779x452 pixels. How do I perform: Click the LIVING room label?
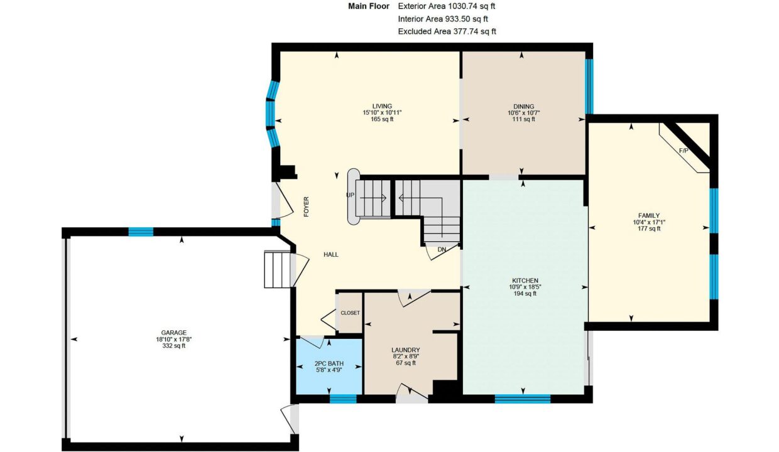[382, 106]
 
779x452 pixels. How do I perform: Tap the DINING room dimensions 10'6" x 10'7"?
[523, 113]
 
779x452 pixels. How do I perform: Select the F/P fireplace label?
[684, 151]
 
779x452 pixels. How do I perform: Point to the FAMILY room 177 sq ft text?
[649, 229]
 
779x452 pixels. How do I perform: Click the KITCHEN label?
[525, 281]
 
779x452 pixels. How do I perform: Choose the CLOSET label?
[350, 313]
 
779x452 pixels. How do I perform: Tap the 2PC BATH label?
[329, 363]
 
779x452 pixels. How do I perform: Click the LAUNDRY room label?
[405, 350]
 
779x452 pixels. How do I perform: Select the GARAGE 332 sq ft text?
[173, 346]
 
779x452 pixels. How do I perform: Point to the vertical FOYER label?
[306, 207]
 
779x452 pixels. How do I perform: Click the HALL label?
[330, 255]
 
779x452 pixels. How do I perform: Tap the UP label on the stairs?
[350, 195]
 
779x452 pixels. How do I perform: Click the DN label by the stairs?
[442, 250]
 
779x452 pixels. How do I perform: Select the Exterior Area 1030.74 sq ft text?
[447, 6]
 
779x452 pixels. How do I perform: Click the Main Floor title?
[369, 6]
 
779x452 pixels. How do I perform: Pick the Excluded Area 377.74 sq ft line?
[447, 31]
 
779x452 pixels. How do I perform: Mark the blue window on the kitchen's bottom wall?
[522, 399]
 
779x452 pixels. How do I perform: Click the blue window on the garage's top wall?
[141, 232]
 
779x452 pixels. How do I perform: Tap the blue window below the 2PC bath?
[343, 399]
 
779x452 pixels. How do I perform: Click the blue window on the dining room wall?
[589, 87]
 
